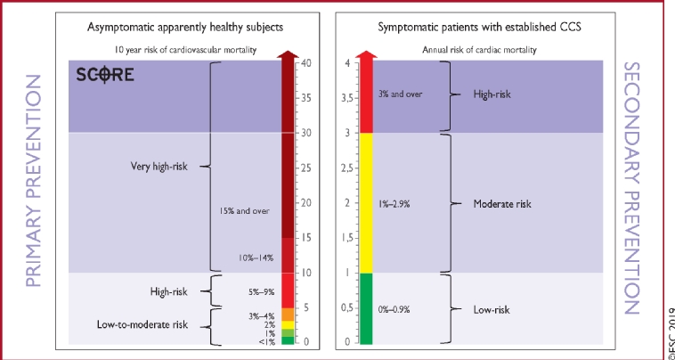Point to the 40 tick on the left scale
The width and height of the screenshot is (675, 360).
tap(305, 62)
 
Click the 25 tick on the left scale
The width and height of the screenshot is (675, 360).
tap(305, 168)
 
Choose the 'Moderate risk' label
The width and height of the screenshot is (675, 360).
tap(501, 203)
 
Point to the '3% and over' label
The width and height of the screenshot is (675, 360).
tap(401, 93)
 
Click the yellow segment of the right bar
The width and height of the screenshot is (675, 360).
tap(363, 203)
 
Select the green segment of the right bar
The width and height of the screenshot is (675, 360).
tap(363, 308)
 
